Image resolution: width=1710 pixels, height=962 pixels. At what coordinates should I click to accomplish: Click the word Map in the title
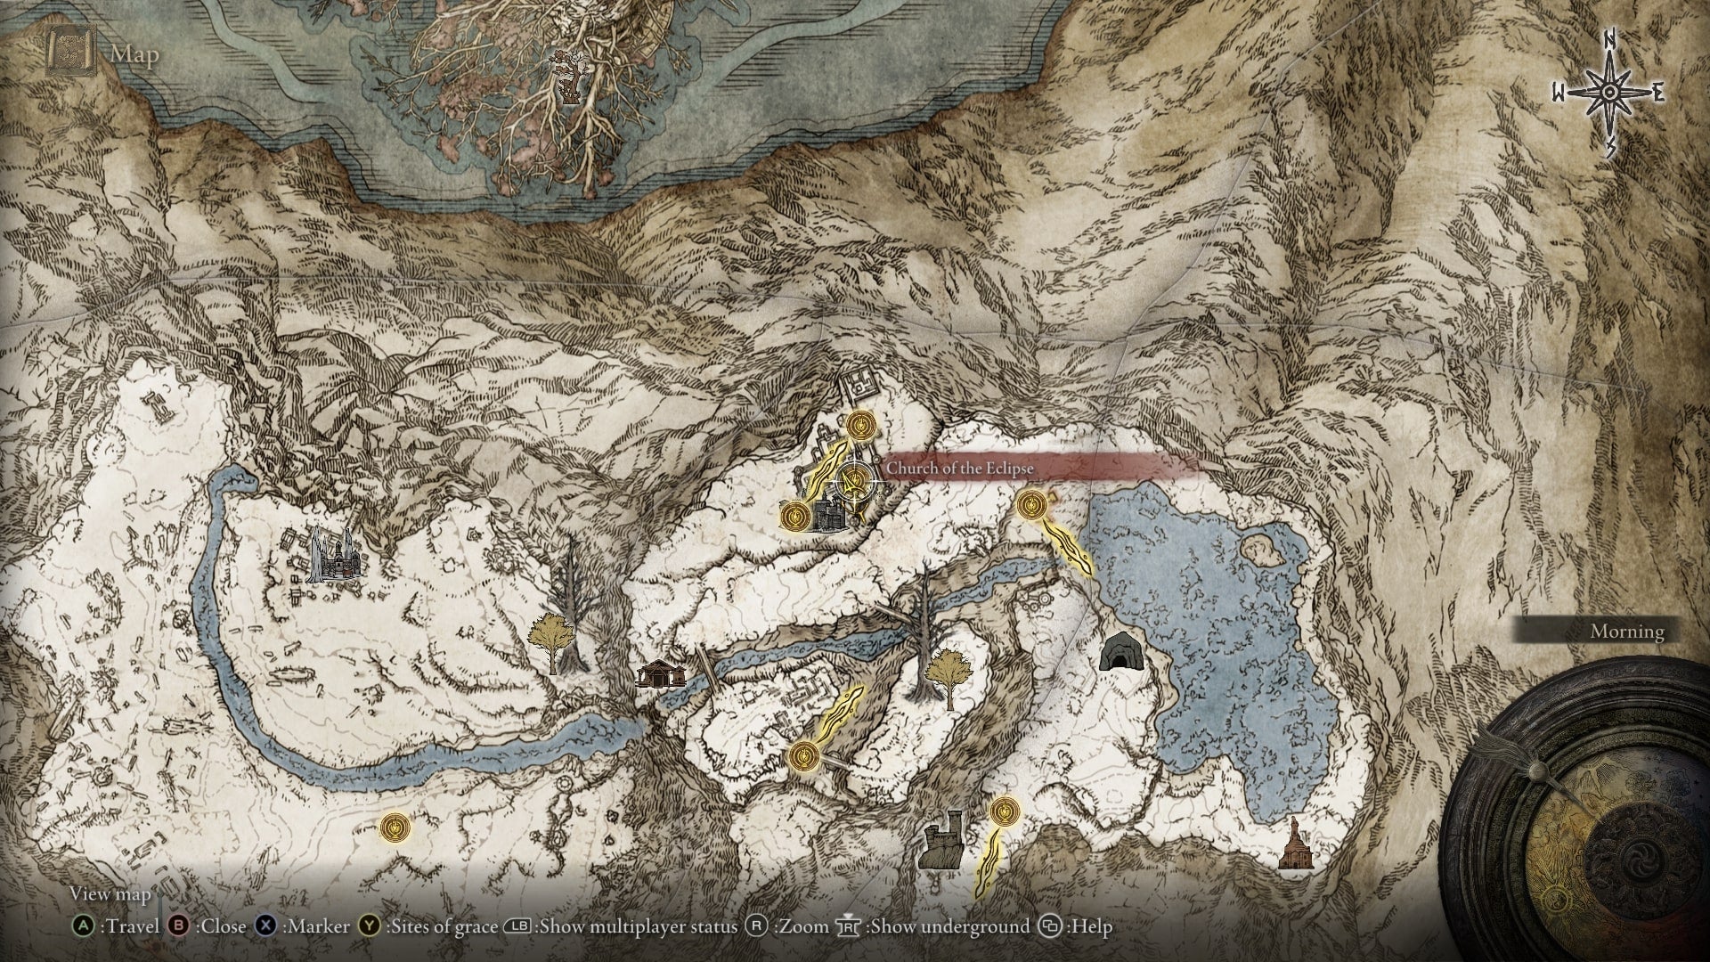pos(134,54)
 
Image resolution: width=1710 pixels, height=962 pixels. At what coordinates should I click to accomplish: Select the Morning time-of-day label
pos(1627,632)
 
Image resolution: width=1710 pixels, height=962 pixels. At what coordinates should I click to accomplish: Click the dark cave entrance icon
pos(1117,652)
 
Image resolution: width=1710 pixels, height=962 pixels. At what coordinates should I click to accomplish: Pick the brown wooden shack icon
pos(660,673)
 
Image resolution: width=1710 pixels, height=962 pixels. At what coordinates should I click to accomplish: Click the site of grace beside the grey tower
pos(1004,811)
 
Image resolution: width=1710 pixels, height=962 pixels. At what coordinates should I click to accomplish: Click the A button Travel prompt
pos(116,926)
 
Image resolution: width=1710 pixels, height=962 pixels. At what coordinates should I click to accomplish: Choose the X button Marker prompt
pos(302,926)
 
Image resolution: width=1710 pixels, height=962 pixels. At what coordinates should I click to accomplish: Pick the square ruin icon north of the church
pos(858,386)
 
